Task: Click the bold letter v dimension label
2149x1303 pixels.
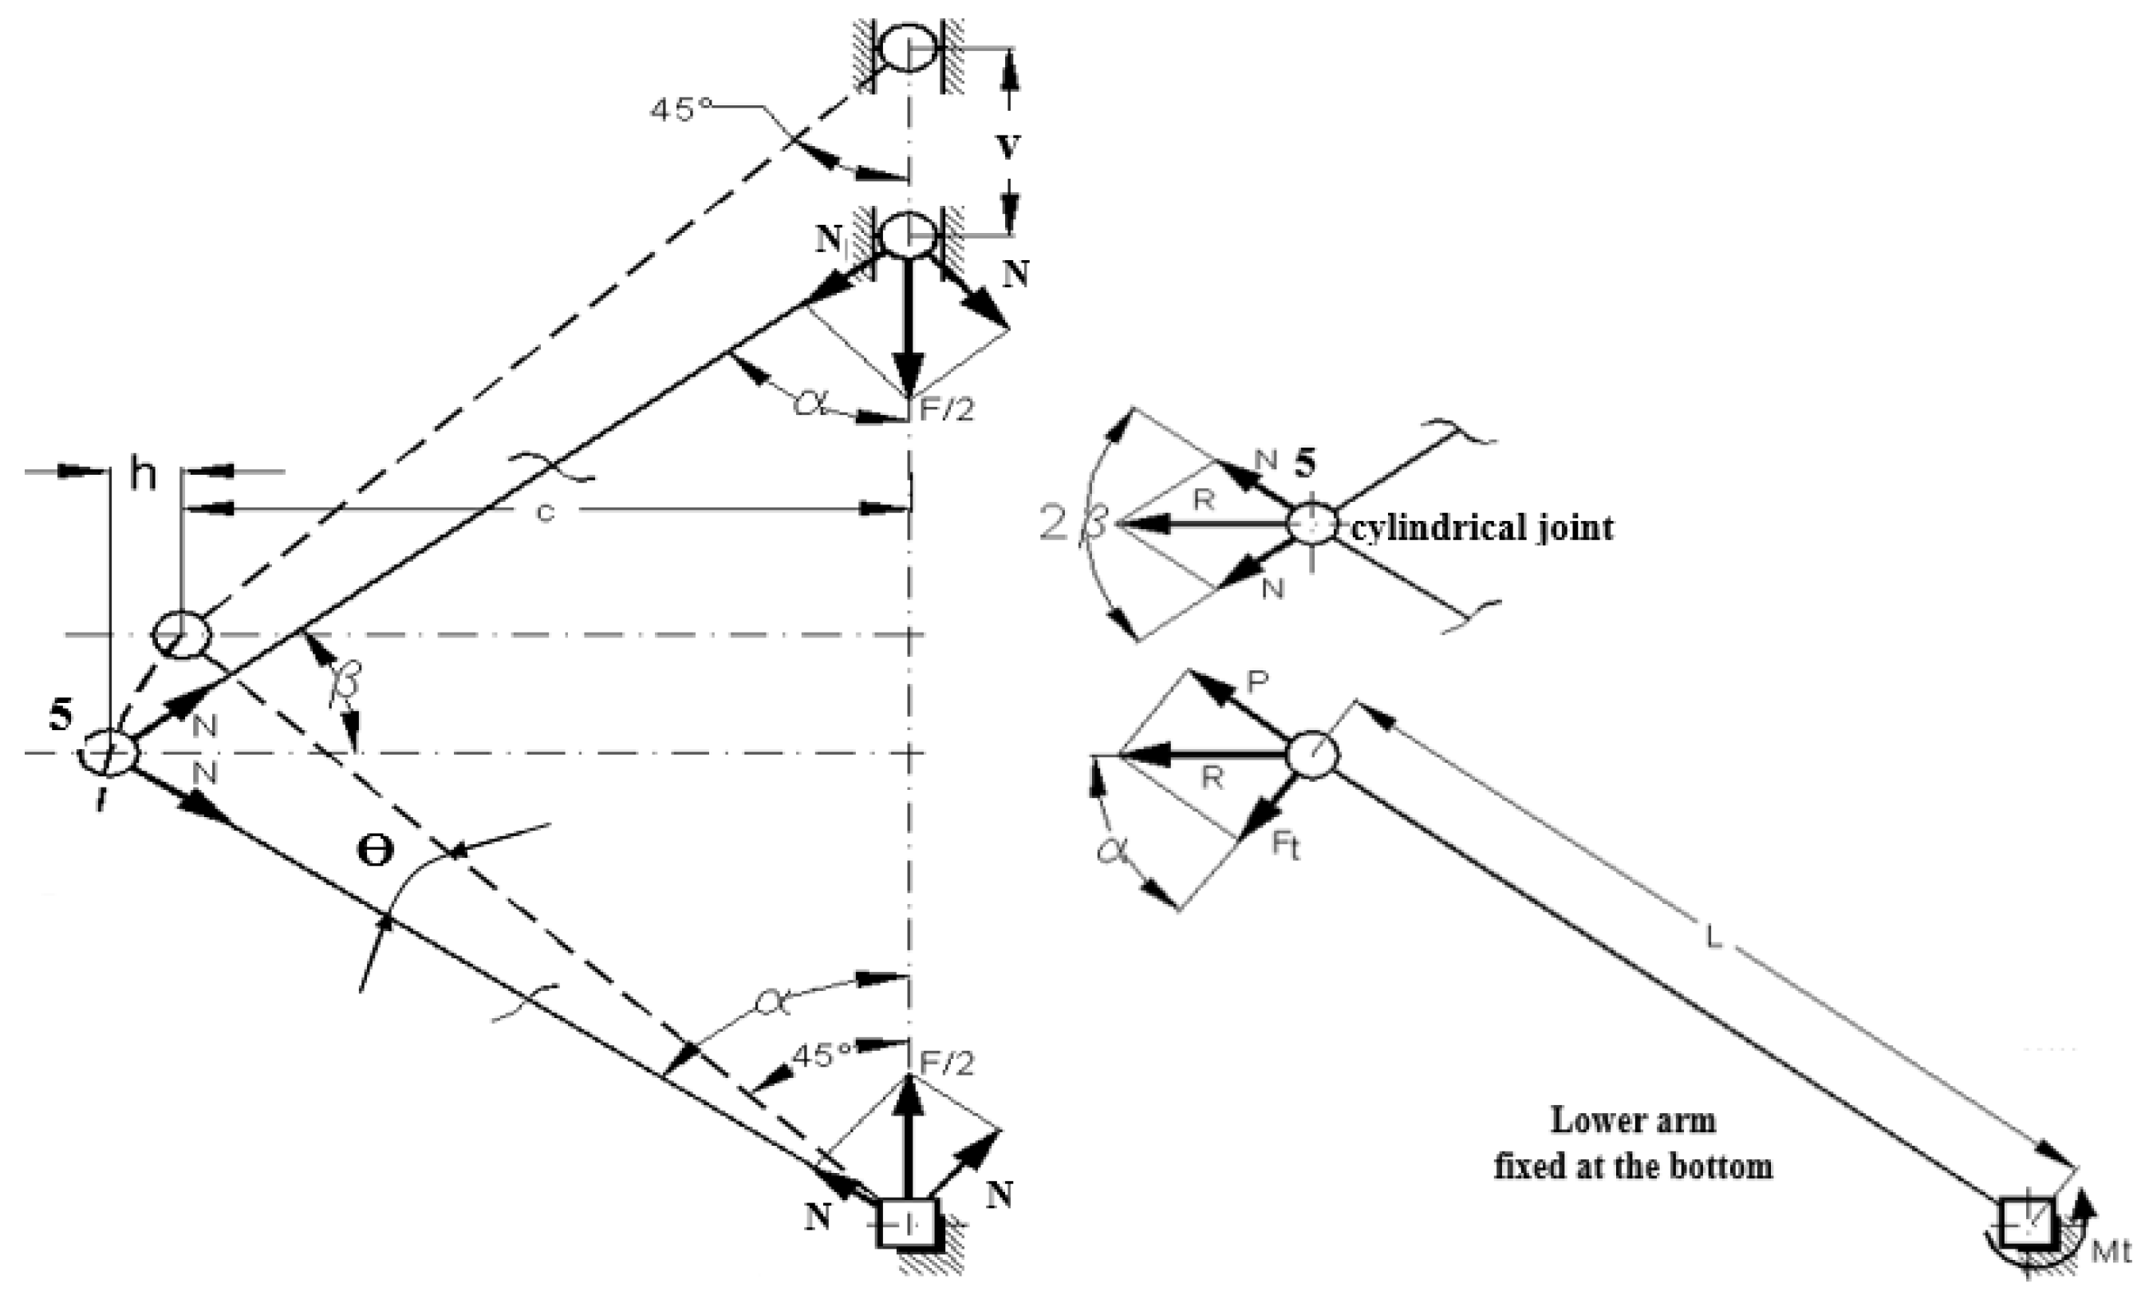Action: (x=1008, y=148)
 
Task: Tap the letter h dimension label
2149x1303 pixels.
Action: (x=143, y=476)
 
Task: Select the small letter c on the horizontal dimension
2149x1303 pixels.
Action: (x=545, y=514)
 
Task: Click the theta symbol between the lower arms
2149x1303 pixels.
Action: (x=376, y=851)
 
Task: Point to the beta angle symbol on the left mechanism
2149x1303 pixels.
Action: (x=344, y=681)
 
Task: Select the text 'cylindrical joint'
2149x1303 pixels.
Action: (x=1482, y=527)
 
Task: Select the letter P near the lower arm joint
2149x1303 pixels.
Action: (x=1257, y=682)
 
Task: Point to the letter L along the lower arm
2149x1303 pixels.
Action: (x=1713, y=938)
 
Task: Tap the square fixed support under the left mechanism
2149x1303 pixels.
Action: (x=908, y=1224)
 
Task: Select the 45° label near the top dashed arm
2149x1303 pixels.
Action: (x=681, y=110)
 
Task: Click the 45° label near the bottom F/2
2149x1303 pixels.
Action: (x=821, y=1053)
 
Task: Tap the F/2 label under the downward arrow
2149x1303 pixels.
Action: (x=946, y=410)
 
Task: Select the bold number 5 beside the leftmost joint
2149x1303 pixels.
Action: (x=60, y=714)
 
